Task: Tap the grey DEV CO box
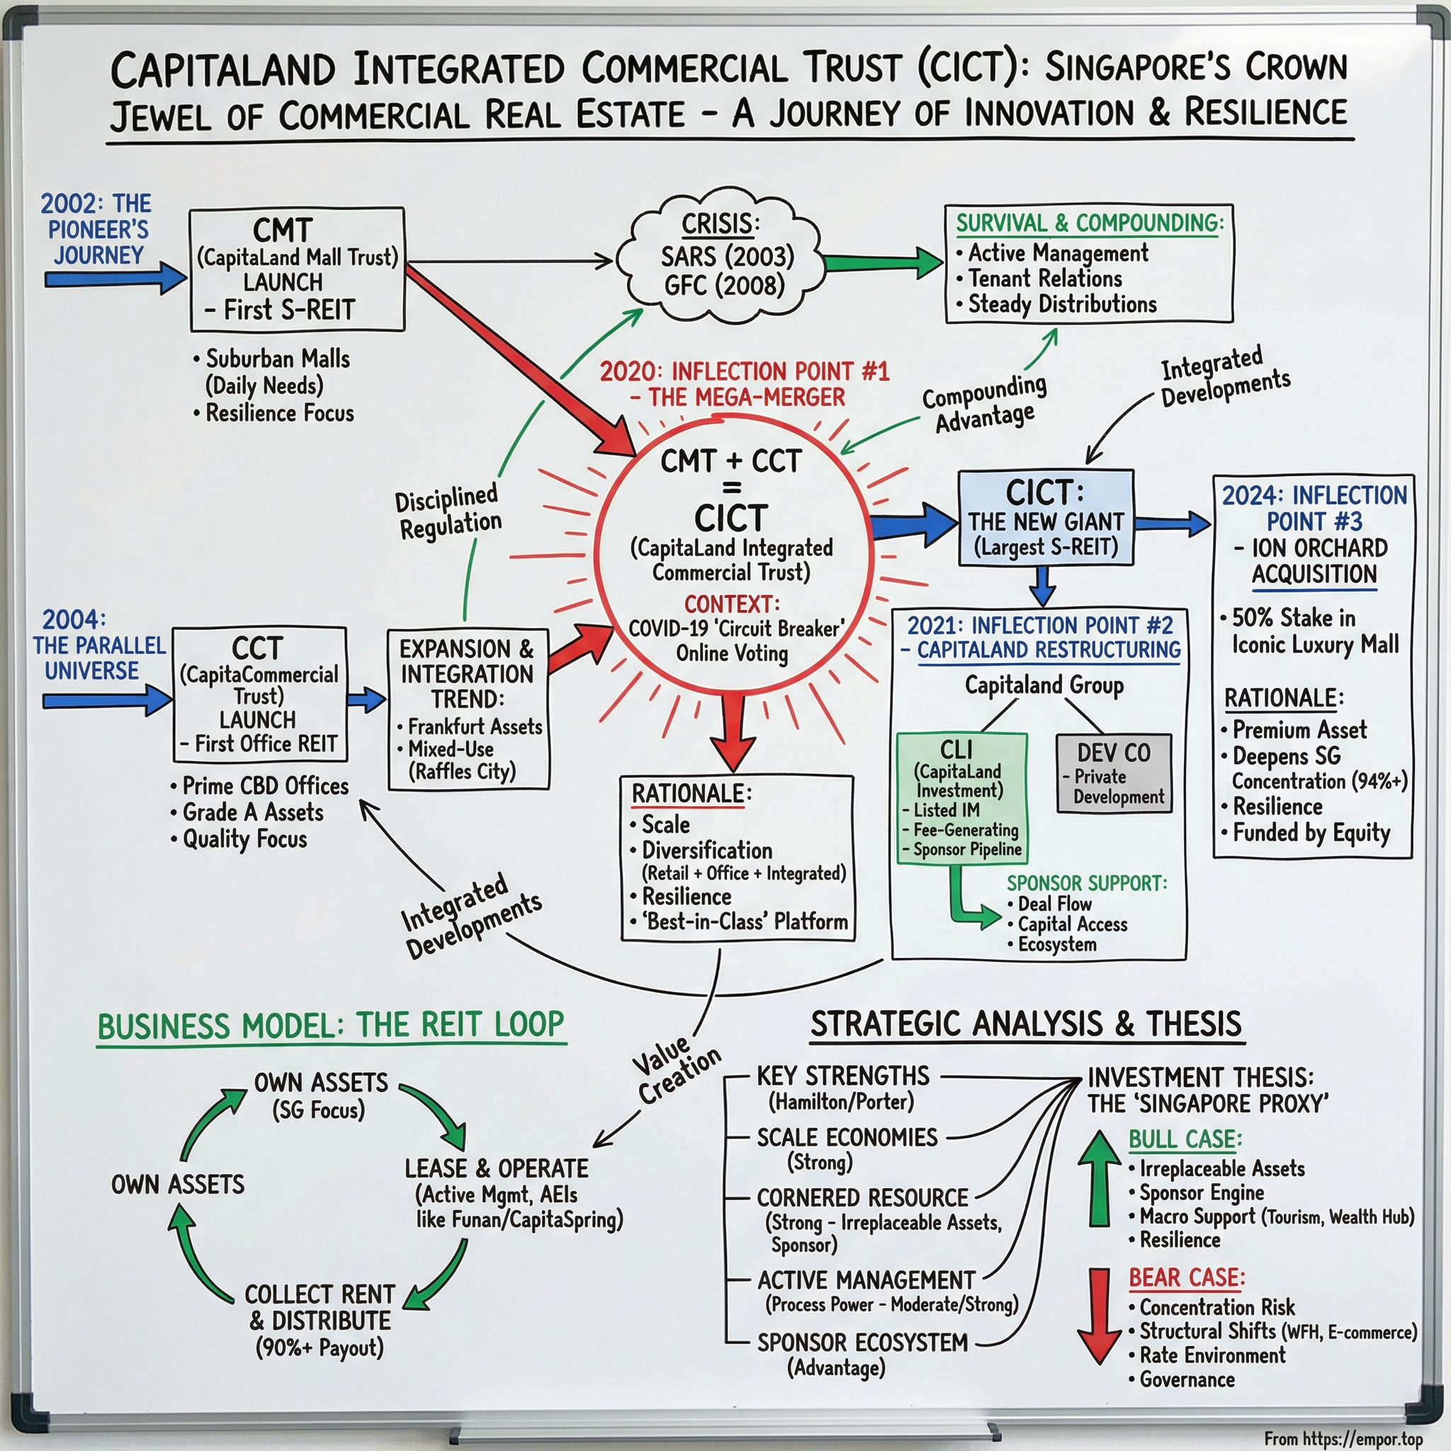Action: tap(1114, 774)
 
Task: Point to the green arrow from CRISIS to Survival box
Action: tap(883, 262)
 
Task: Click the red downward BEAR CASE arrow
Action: tap(1100, 1315)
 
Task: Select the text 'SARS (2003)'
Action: tap(727, 257)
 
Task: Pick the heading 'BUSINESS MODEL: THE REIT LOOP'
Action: tap(331, 1025)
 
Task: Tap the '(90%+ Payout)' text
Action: tap(320, 1348)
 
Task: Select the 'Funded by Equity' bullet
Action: tap(1311, 832)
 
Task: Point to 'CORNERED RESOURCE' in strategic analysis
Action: tap(862, 1197)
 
